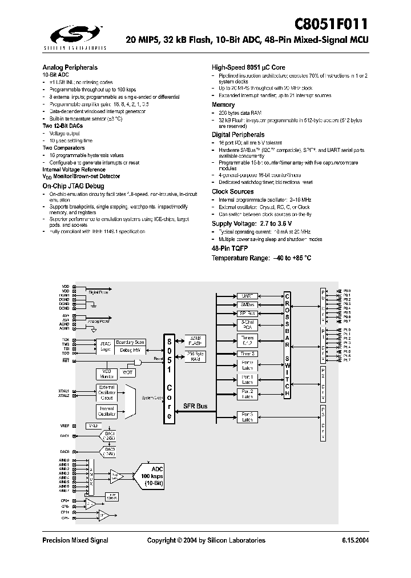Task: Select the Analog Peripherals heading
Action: (70, 67)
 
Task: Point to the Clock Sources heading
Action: (232, 191)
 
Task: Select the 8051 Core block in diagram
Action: (169, 378)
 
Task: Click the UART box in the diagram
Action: (247, 296)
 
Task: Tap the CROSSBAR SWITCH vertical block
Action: (288, 346)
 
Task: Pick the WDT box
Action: (127, 373)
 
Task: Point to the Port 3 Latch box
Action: (247, 416)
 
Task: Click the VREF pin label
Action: (65, 426)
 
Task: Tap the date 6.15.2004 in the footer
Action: (354, 540)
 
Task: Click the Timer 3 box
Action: (247, 354)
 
